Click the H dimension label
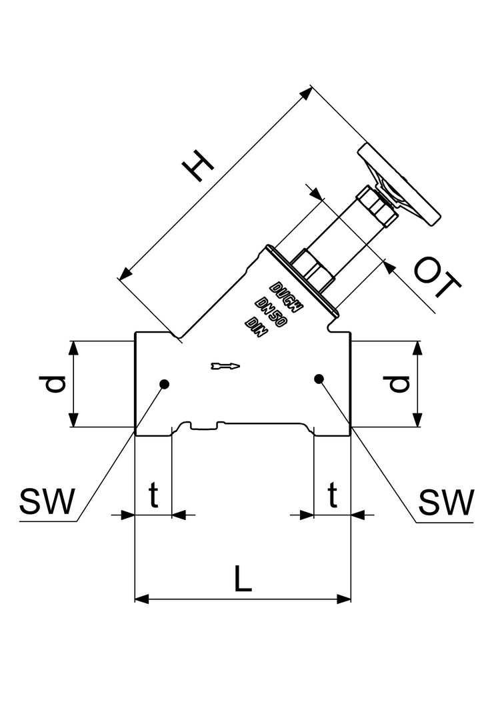(198, 165)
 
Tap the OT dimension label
(437, 278)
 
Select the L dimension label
(243, 579)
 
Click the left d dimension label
(57, 385)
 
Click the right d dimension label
(399, 384)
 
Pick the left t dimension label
(153, 495)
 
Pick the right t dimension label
(332, 495)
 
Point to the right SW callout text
(446, 502)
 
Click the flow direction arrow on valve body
(225, 366)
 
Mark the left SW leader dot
(164, 384)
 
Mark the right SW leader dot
(319, 379)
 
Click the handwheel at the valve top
(399, 185)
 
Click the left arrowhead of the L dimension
(142, 599)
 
